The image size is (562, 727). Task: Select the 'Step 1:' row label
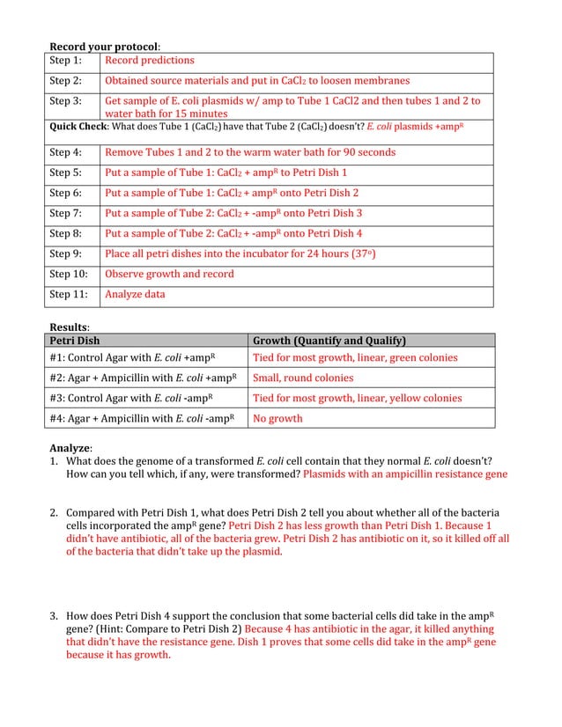[x=65, y=61]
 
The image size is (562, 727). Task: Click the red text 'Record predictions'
[x=149, y=61]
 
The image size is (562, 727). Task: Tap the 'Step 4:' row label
[x=65, y=152]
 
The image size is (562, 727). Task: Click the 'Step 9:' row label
[x=65, y=253]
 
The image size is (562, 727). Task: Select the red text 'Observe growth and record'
[x=169, y=274]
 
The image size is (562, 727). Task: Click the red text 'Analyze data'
[x=135, y=294]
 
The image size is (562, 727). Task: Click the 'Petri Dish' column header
[x=75, y=341]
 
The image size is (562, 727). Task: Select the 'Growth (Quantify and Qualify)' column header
[x=329, y=341]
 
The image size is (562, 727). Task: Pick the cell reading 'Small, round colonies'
[x=303, y=378]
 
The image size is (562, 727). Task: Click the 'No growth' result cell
[x=277, y=419]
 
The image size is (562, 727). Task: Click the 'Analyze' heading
[x=70, y=448]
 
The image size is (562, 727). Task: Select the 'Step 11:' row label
[x=68, y=294]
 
